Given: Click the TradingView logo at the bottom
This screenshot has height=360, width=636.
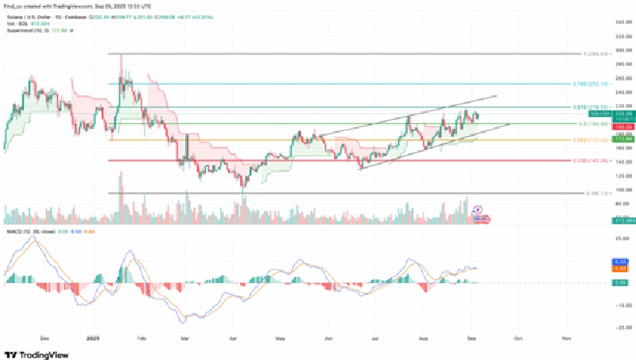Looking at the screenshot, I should point(37,354).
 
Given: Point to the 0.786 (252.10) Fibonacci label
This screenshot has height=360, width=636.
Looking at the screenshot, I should point(590,83).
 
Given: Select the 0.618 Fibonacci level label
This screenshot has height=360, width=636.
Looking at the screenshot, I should point(590,106).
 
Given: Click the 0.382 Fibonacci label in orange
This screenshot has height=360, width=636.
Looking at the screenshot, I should point(590,139).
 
